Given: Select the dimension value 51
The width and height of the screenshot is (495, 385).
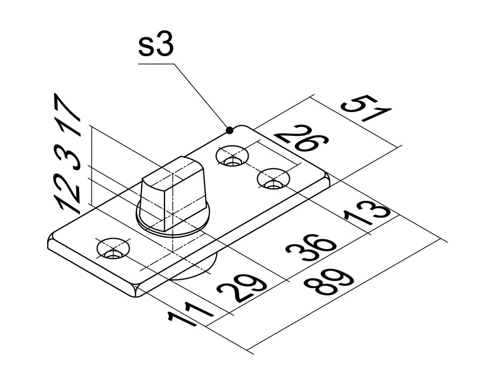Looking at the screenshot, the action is (x=367, y=109).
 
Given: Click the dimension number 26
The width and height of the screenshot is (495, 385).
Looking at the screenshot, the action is (x=301, y=139).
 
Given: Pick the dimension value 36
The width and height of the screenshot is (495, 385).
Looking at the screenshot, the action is (x=310, y=247).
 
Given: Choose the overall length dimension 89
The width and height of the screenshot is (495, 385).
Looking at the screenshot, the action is (x=328, y=282).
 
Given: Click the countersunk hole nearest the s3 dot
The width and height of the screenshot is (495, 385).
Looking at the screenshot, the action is (x=232, y=156).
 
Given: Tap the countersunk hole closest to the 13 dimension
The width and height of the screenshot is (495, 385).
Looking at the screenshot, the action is (x=273, y=179).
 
